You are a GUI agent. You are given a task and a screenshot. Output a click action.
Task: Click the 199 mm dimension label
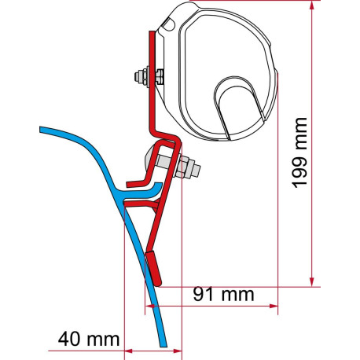tap(299, 152)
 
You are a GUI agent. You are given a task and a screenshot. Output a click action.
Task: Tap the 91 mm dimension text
tap(223, 294)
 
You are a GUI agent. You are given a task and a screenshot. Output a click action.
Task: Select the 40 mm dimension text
tap(89, 339)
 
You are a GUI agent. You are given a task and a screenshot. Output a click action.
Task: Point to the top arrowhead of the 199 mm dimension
tap(311, 6)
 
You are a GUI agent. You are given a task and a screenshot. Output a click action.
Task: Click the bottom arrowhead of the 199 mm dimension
tap(311, 281)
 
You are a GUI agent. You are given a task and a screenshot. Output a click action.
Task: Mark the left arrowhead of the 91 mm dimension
tap(150, 306)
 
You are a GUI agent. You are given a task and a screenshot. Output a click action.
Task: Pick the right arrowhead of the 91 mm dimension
tap(273, 306)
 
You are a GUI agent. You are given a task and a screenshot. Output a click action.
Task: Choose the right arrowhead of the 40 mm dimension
tap(177, 351)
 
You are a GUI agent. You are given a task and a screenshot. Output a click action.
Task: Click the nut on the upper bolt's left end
tap(141, 76)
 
